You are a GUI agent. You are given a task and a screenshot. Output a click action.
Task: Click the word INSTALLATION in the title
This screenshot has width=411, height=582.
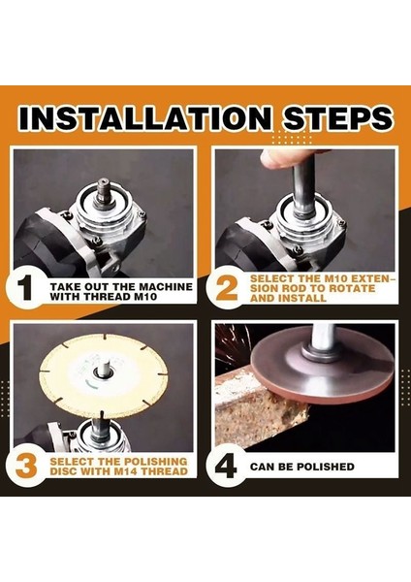(x=145, y=117)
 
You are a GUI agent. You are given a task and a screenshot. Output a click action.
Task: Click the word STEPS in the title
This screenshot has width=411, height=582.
(x=336, y=117)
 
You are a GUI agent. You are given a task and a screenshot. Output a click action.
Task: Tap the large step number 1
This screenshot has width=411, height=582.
(x=25, y=288)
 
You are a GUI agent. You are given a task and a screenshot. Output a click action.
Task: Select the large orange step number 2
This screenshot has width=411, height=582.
(x=227, y=288)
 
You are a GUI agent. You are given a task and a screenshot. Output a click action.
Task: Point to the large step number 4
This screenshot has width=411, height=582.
(x=226, y=467)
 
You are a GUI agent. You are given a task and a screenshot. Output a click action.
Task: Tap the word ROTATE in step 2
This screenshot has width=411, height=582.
(x=354, y=288)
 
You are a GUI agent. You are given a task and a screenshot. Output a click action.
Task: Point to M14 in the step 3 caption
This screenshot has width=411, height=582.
(x=133, y=471)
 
